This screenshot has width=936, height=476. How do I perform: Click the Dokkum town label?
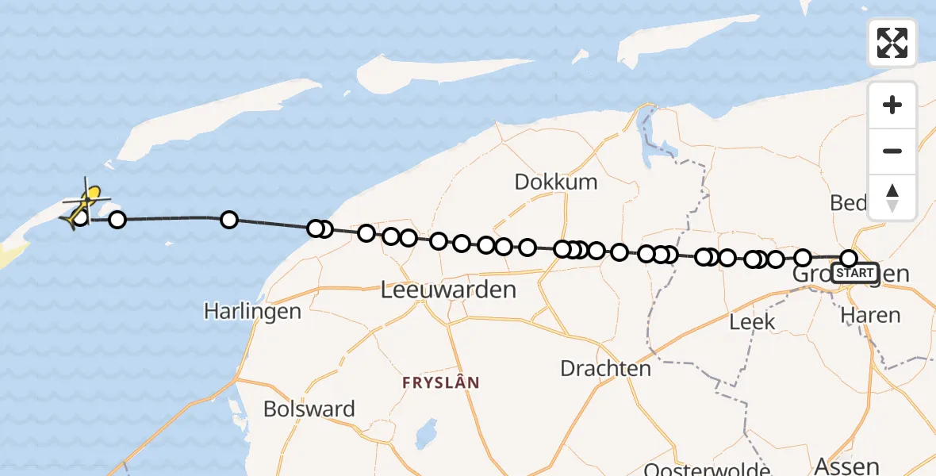pyautogui.click(x=555, y=182)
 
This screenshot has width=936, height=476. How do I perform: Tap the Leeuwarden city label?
pyautogui.click(x=448, y=290)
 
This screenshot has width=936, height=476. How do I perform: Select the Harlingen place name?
pyautogui.click(x=252, y=311)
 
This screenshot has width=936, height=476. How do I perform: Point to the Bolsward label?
pyautogui.click(x=309, y=409)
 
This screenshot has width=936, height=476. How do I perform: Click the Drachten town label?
pyautogui.click(x=605, y=368)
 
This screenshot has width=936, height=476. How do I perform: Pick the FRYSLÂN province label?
pyautogui.click(x=441, y=382)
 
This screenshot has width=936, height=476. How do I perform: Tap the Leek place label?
pyautogui.click(x=752, y=321)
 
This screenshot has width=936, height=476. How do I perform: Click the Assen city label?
pyautogui.click(x=847, y=466)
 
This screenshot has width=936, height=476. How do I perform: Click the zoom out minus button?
pyautogui.click(x=892, y=151)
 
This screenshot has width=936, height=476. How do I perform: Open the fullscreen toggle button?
pyautogui.click(x=892, y=43)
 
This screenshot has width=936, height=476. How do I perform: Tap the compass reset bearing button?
pyautogui.click(x=892, y=197)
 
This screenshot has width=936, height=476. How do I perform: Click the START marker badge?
pyautogui.click(x=855, y=273)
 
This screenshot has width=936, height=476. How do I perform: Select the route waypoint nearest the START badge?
pyautogui.click(x=849, y=259)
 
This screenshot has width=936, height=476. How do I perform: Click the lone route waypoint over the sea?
pyautogui.click(x=229, y=220)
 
